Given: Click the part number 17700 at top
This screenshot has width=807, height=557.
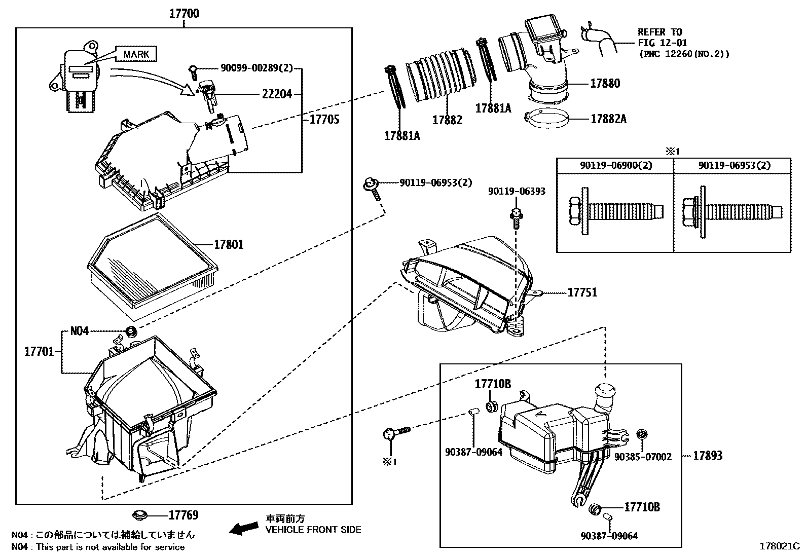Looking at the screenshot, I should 184,14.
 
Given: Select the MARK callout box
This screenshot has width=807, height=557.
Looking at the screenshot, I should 136,54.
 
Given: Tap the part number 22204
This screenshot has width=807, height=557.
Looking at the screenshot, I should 277,94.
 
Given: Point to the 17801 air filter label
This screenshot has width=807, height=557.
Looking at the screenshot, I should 229,245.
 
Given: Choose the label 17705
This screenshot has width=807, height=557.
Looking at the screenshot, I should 324,120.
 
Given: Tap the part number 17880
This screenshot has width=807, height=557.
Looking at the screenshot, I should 605,83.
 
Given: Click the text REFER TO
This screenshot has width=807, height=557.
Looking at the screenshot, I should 660,32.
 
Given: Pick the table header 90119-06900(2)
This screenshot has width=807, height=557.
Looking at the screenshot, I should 615,166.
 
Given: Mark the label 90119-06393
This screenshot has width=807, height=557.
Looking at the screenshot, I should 517,191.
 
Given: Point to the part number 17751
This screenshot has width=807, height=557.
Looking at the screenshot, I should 582,292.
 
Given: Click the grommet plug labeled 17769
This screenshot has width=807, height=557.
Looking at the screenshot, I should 140,515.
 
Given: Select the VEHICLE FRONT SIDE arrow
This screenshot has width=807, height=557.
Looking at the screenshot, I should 243,529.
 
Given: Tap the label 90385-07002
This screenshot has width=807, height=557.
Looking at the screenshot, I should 643,457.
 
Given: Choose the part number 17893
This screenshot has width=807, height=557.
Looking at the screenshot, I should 708,456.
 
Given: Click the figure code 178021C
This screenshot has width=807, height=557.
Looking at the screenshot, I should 779,546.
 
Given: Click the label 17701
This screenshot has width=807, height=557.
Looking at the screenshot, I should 39,351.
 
